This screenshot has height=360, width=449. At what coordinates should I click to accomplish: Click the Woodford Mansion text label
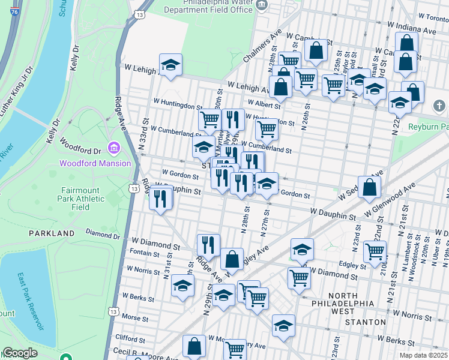(95, 163)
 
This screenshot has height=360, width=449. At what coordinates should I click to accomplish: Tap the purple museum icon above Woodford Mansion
(113, 148)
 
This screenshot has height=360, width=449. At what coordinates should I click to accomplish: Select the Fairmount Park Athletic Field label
(75, 198)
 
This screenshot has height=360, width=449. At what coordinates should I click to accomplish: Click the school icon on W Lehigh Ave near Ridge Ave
(171, 65)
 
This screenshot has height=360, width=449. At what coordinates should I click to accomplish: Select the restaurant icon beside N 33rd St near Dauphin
(160, 199)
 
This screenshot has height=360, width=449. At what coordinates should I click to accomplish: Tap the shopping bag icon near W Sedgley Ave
(370, 187)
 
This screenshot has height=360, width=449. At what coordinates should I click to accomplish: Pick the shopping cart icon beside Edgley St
(375, 253)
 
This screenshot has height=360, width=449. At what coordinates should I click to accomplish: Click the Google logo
(20, 353)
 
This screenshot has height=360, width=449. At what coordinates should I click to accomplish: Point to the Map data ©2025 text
(423, 355)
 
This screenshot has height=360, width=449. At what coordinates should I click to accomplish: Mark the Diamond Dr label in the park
(99, 233)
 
